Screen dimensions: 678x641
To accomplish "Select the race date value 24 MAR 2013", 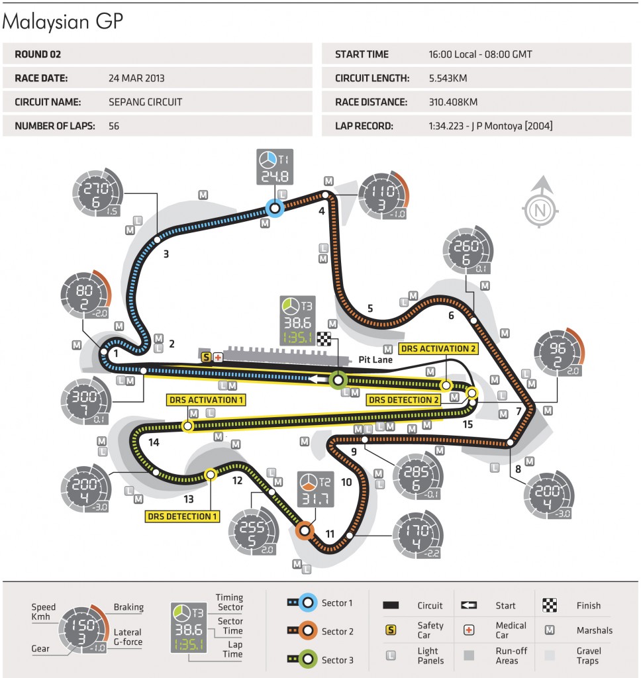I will coord(136,78).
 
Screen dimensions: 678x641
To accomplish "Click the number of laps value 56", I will coord(115,126).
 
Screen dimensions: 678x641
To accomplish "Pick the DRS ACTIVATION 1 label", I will coord(206,400).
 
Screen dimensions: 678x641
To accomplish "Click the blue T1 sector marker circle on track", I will coord(275,209).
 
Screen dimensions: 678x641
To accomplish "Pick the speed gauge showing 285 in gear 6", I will coord(415,475).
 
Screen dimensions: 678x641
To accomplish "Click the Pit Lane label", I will coord(375,360).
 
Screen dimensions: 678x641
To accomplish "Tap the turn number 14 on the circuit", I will coord(154,443).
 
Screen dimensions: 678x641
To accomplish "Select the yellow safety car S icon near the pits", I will coord(205,357).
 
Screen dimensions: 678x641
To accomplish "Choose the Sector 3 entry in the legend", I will coord(336,659).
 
